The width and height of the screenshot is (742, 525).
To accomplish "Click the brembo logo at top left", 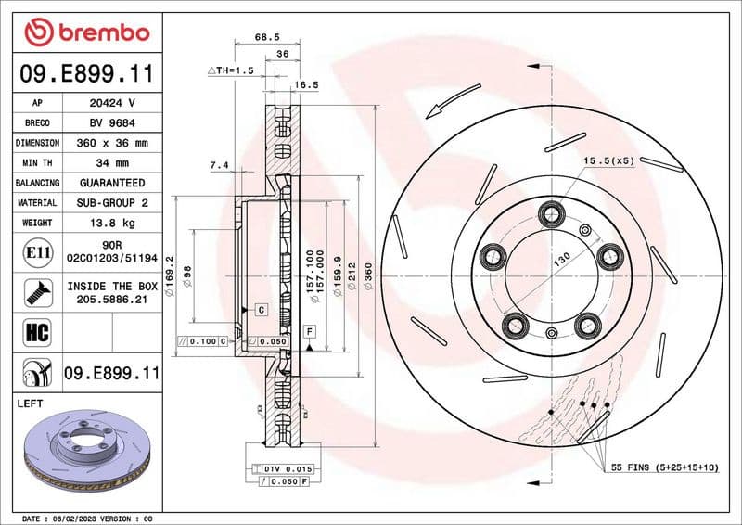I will (x=87, y=32).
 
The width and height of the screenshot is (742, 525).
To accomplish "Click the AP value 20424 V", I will (x=111, y=102).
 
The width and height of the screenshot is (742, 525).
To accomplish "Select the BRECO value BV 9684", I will (x=111, y=122).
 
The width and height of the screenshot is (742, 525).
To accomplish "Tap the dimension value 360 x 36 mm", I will (x=111, y=143).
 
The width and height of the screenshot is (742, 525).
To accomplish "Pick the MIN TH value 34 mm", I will (x=111, y=163).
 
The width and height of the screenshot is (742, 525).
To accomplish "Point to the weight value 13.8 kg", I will (x=111, y=223).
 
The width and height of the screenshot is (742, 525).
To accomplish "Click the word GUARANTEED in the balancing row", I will (x=111, y=183).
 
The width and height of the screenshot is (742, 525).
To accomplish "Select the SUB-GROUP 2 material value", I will (x=111, y=202).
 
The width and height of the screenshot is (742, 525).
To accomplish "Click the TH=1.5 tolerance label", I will (x=230, y=70).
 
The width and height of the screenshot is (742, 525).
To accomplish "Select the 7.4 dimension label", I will (x=219, y=165).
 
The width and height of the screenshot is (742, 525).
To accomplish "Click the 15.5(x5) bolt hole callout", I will (x=608, y=161).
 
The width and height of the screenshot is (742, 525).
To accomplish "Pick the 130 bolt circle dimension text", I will (x=562, y=261).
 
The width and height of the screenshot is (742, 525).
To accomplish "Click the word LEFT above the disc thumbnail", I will (x=32, y=404).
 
